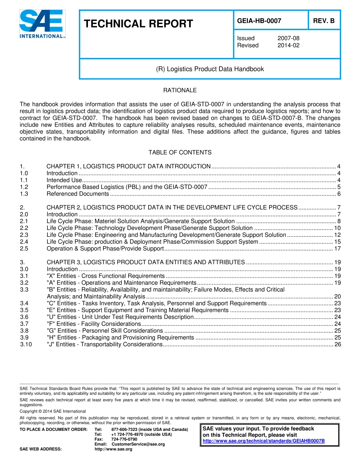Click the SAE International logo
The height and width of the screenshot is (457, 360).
click(42, 24)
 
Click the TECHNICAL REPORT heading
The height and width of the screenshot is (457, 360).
click(138, 24)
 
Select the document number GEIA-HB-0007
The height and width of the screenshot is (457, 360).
click(259, 21)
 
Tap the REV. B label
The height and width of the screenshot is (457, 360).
click(324, 21)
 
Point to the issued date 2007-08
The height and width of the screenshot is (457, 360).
click(288, 38)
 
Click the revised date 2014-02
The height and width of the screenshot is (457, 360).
click(288, 45)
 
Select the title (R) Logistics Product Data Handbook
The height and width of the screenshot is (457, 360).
click(210, 69)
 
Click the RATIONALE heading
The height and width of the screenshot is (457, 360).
click(180, 90)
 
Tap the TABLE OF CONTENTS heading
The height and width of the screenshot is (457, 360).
click(180, 152)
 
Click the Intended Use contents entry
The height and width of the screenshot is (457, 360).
click(64, 180)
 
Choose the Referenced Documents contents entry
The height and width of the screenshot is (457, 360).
click(78, 194)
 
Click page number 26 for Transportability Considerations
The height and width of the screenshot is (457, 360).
click(338, 344)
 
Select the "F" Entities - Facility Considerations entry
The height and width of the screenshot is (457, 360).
click(94, 324)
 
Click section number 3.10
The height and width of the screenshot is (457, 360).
click(26, 344)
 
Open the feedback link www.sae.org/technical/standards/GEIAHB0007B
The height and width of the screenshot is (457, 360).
click(264, 441)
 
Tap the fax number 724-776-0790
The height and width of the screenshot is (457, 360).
click(124, 439)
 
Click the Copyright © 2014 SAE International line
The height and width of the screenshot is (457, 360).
click(53, 411)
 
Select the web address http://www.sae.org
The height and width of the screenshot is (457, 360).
click(113, 449)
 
